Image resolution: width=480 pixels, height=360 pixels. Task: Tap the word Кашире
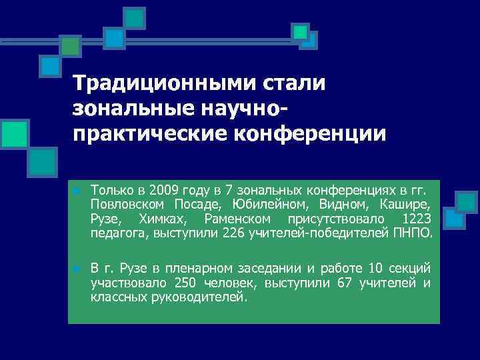coord(407,203)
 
